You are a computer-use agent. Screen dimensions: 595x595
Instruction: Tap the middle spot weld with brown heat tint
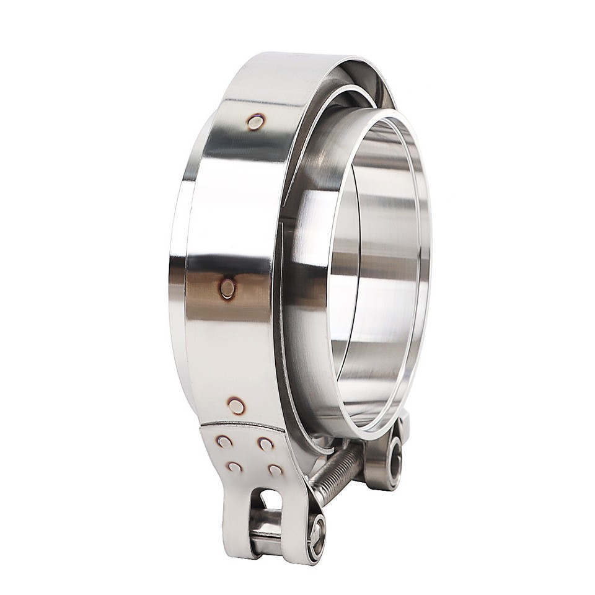coord(227,288)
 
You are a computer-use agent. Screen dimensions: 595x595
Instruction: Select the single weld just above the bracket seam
coord(236,406)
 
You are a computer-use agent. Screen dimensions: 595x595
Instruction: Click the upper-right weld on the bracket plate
coord(265,443)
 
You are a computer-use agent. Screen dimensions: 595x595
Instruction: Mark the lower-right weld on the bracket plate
coord(275,470)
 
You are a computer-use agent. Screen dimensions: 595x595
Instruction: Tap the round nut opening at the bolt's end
coord(392,462)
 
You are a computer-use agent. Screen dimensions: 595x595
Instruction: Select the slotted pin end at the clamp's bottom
coord(317,531)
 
